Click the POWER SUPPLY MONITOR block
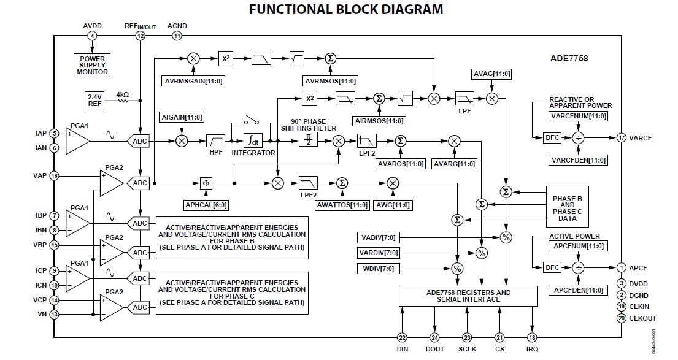pos(93,66)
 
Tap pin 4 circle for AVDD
pos(92,36)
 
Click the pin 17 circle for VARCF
pos(621,138)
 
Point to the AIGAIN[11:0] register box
pos(182,117)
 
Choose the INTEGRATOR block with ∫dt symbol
pos(253,140)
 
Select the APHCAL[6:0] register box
pos(206,204)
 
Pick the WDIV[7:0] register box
pos(377,268)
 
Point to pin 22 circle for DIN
pos(403,337)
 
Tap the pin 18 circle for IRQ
pos(531,337)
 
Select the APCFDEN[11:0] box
pos(577,289)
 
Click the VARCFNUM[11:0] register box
pos(577,115)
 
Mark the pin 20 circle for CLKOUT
pos(621,318)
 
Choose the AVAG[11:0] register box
pos(491,74)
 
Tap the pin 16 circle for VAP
pos(55,175)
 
